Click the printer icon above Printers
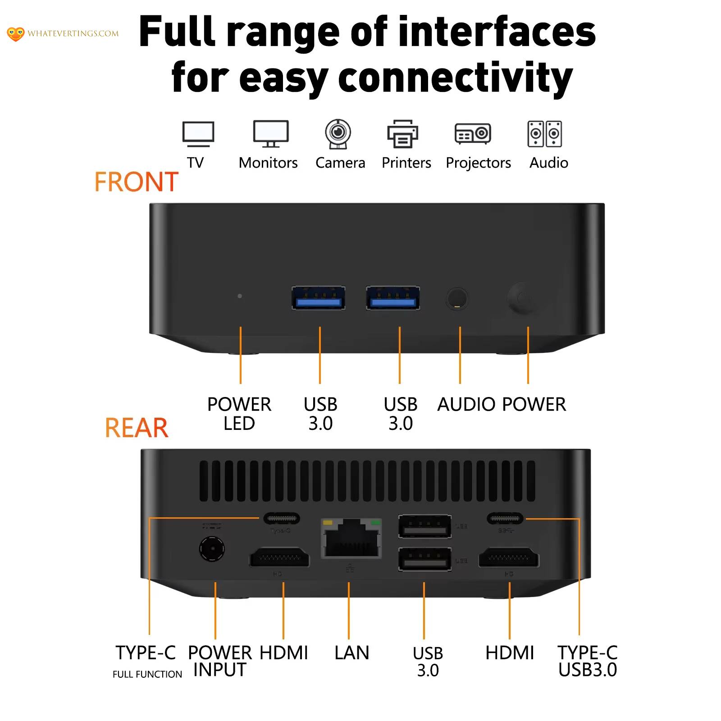[403, 134]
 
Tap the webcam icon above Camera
[338, 133]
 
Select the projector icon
[473, 134]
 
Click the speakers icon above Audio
[544, 134]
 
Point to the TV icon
[198, 133]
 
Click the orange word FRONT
[136, 182]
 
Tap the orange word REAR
[137, 428]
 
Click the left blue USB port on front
[319, 298]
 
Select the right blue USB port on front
[393, 298]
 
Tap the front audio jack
[457, 298]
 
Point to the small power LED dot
[240, 296]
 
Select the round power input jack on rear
[212, 548]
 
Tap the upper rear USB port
[424, 526]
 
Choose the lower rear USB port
[424, 559]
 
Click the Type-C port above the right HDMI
[505, 518]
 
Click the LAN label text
[351, 653]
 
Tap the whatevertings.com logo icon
[15, 34]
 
